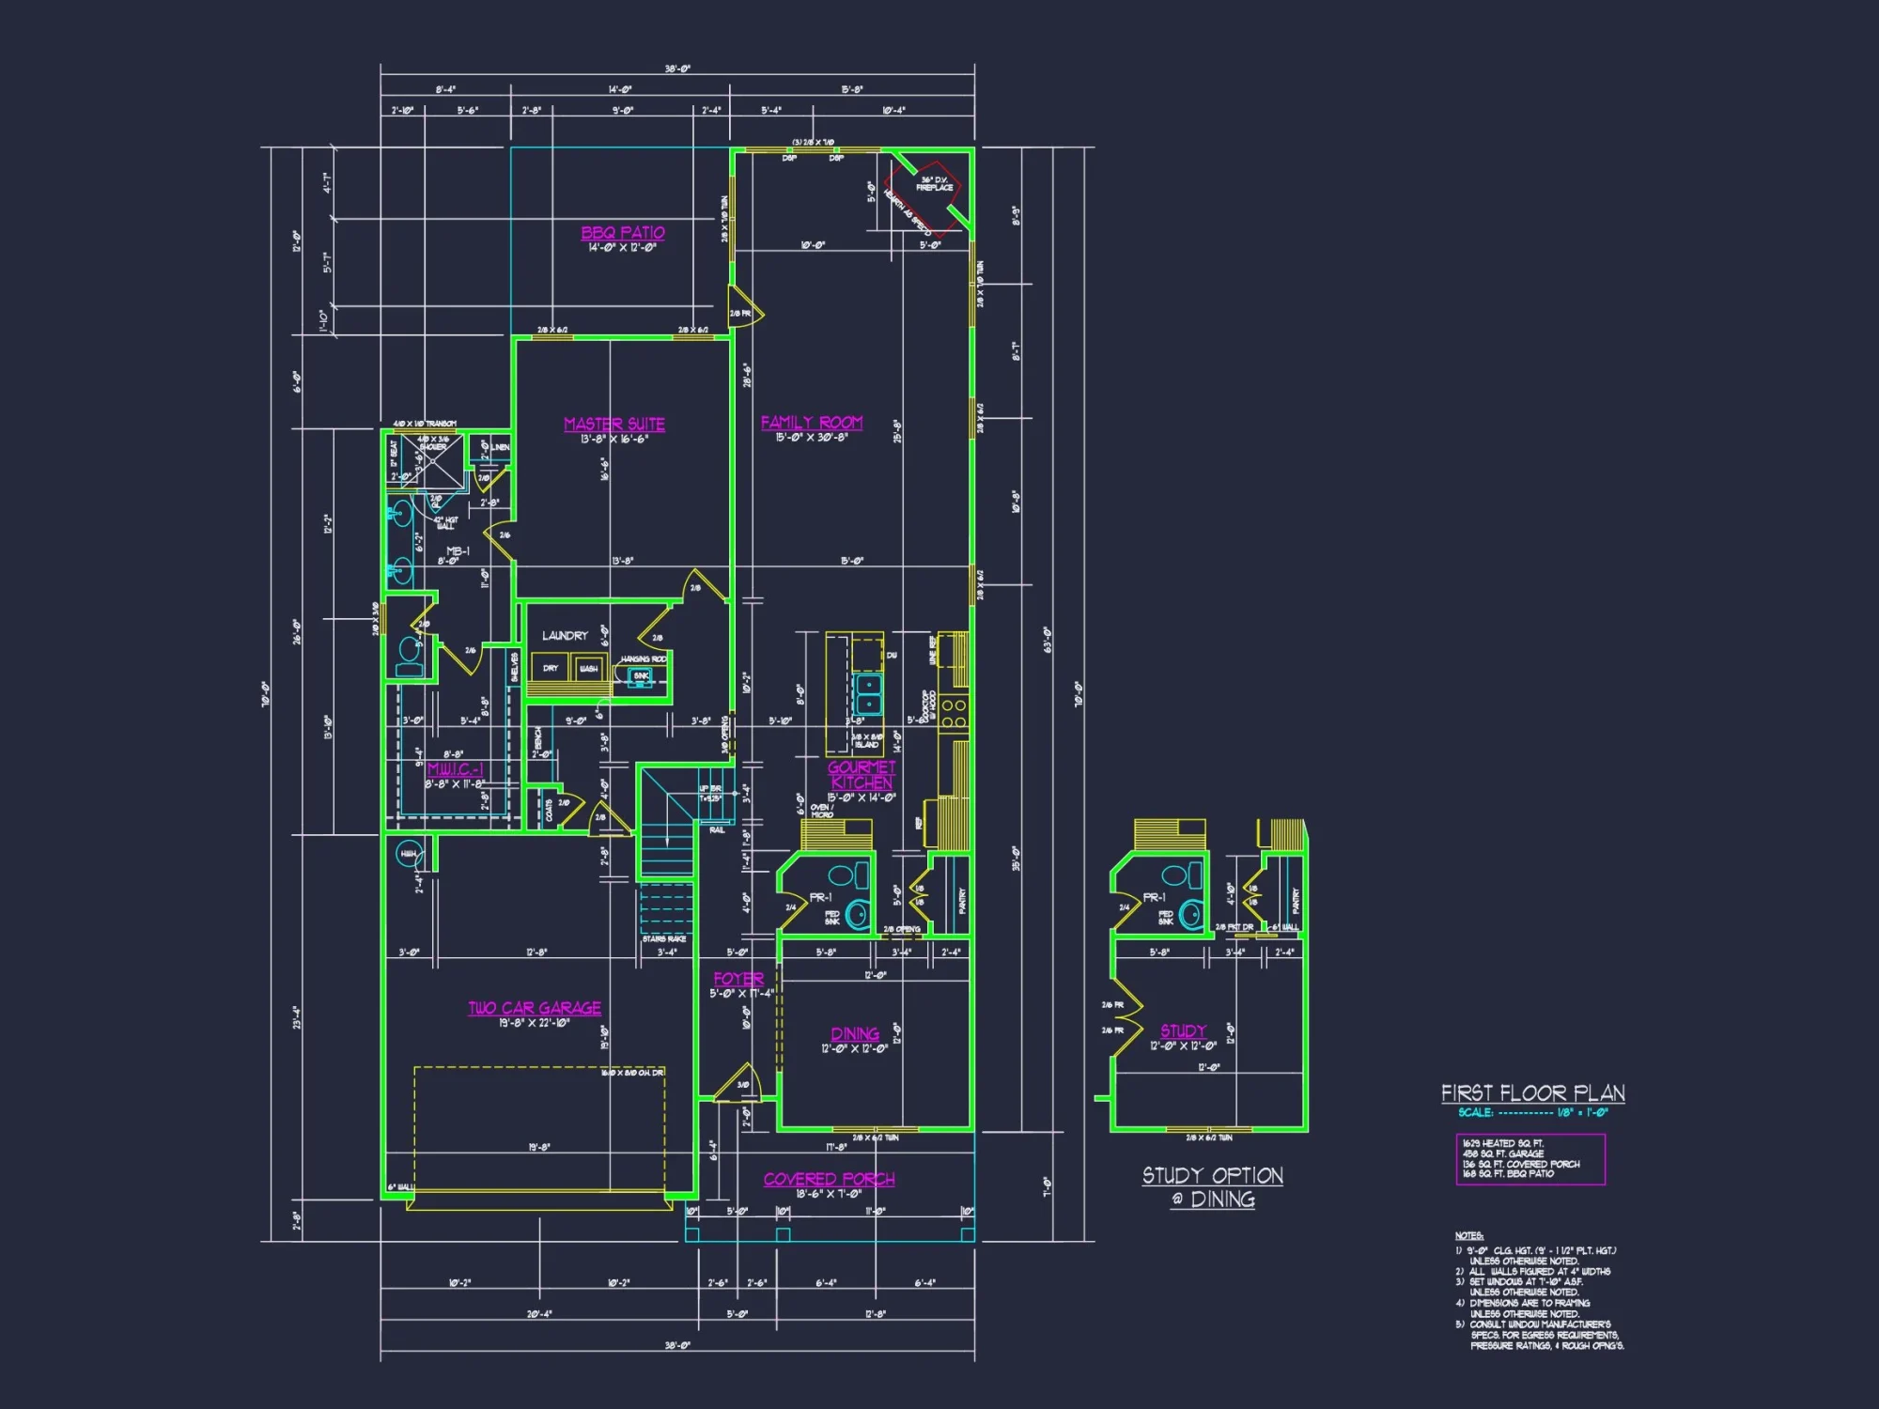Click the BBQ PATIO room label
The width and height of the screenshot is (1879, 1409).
622,233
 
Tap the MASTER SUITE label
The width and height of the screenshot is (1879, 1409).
614,425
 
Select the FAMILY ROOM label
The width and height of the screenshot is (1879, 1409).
812,423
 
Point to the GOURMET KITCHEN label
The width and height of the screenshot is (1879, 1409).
862,775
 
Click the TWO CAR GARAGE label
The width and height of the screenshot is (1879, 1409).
535,1008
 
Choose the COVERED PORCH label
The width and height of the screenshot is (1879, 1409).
829,1179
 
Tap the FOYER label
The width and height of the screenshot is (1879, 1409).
738,979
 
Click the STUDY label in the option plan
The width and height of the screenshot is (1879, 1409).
1183,1031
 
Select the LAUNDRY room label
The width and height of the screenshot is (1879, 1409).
565,636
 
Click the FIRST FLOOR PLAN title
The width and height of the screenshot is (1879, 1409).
1533,1093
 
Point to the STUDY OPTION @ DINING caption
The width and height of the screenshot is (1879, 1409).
1213,1187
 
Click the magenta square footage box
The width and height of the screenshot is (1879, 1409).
1530,1159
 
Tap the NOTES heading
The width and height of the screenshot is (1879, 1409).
1469,1236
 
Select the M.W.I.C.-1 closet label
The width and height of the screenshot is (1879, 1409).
455,769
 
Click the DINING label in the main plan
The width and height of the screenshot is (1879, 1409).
855,1034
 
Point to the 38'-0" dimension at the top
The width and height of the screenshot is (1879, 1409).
677,70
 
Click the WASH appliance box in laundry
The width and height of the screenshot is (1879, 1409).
588,669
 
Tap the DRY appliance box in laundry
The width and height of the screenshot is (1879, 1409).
551,669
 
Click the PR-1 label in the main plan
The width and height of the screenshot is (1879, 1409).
820,897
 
